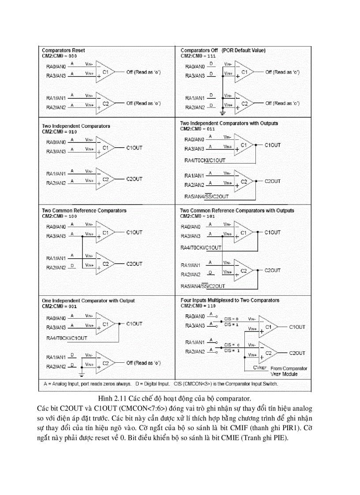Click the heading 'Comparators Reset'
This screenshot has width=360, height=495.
pyautogui.click(x=63, y=50)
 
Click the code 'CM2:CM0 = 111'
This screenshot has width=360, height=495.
pyautogui.click(x=198, y=56)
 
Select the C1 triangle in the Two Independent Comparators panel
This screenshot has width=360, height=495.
pyautogui.click(x=105, y=148)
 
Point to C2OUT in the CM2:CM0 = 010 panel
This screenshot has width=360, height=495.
pyautogui.click(x=134, y=179)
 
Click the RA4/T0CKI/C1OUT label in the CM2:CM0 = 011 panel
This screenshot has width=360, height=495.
pyautogui.click(x=205, y=160)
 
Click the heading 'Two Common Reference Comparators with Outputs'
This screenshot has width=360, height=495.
pyautogui.click(x=237, y=210)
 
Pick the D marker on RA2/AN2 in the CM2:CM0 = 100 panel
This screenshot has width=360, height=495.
pyautogui.click(x=72, y=265)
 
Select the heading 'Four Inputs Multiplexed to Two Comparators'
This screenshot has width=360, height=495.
pyautogui.click(x=230, y=300)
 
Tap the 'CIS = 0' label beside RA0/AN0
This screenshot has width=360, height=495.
pyautogui.click(x=231, y=319)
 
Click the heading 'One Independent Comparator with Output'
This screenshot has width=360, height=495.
pyautogui.click(x=88, y=301)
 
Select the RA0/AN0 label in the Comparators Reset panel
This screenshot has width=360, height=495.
pyautogui.click(x=56, y=66)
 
